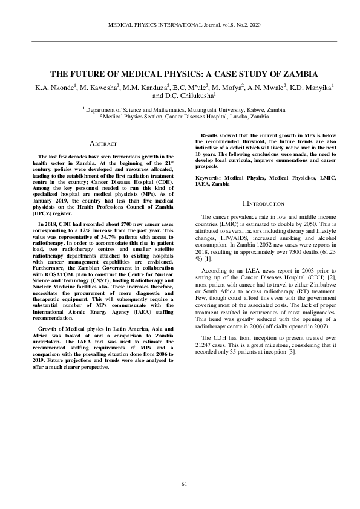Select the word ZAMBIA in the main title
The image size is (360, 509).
296,74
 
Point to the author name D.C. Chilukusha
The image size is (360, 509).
189,96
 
